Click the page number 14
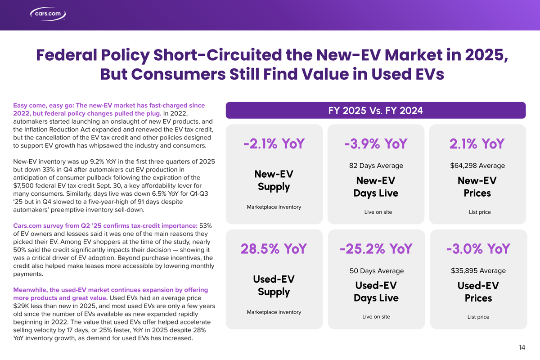click(x=522, y=347)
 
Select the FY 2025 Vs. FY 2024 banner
click(x=375, y=111)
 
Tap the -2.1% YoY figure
click(x=274, y=144)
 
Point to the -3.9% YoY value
click(x=376, y=144)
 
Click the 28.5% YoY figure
click(x=274, y=249)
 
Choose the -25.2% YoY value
click(x=376, y=249)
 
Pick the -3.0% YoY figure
click(x=478, y=249)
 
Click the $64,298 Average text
click(x=477, y=166)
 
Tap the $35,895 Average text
click(x=478, y=270)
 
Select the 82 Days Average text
click(x=376, y=166)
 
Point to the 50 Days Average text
click(x=376, y=271)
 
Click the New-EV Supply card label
click(x=274, y=180)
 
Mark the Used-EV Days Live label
click(x=376, y=292)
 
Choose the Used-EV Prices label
click(x=478, y=292)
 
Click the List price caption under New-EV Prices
click(x=478, y=212)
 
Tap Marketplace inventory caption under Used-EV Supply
click(x=274, y=312)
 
